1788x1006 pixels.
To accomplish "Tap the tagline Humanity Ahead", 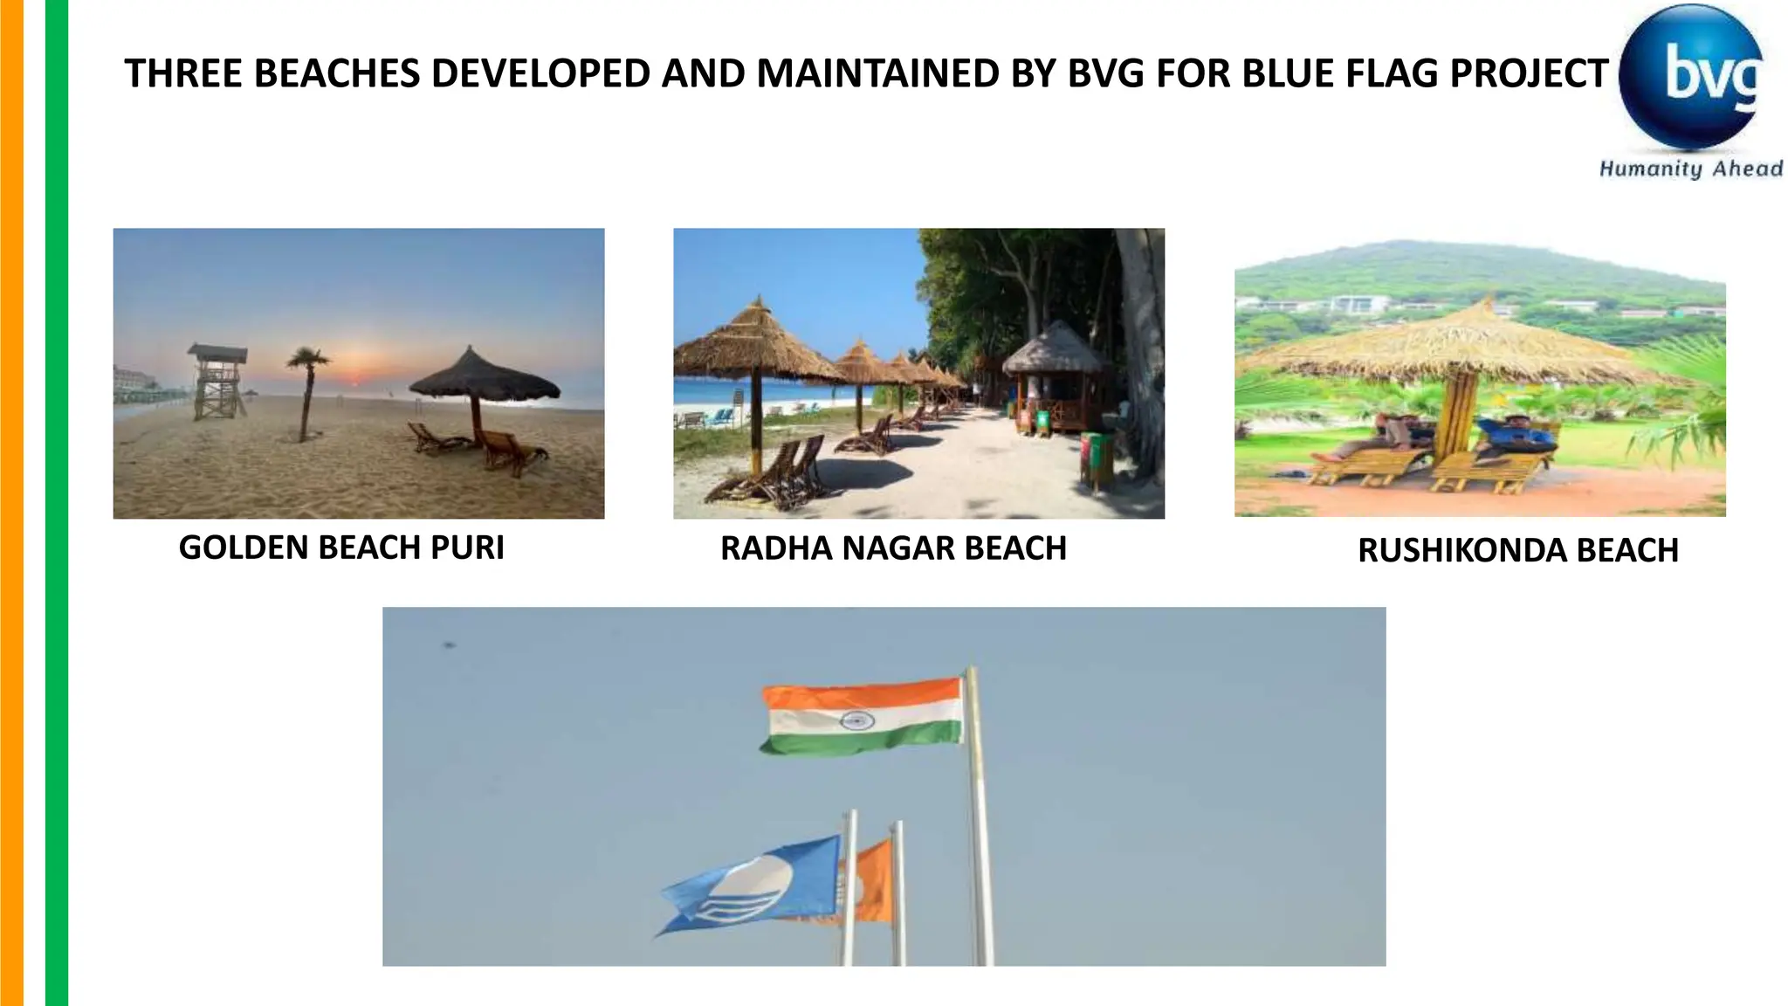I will [x=1690, y=169].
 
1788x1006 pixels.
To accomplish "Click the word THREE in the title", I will [x=182, y=73].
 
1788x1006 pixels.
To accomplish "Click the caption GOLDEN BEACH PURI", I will [x=341, y=548].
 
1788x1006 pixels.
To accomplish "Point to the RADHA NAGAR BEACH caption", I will [x=893, y=548].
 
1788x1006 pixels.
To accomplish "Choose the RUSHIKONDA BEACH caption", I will [x=1518, y=550].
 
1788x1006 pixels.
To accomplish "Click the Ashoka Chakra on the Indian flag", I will [x=856, y=720].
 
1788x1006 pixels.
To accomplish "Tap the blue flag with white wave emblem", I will [x=752, y=885].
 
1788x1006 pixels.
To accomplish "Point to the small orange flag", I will [x=870, y=882].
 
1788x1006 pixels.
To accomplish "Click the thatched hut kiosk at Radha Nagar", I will [x=1054, y=376].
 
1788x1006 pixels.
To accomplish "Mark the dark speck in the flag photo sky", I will [x=450, y=645].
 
